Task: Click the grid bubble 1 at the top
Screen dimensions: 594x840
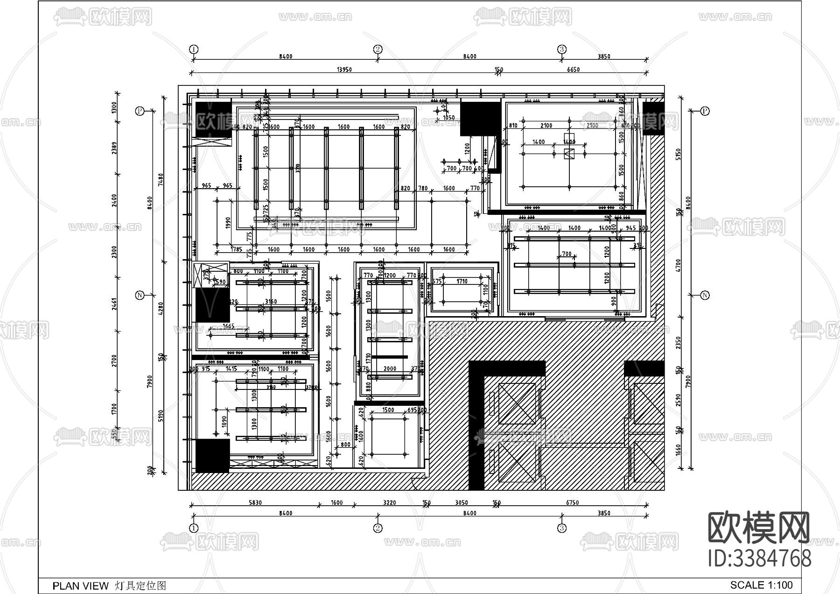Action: [x=194, y=49]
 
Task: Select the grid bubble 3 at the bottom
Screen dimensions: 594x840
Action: [x=562, y=528]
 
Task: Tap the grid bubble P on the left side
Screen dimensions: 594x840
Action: [x=139, y=111]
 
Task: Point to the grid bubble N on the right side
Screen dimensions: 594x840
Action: [x=705, y=295]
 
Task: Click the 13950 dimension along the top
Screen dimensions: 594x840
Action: [x=344, y=70]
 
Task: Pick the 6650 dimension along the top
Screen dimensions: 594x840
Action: [x=573, y=70]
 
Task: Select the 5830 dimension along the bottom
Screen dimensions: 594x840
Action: [x=255, y=503]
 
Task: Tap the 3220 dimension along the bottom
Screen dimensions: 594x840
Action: [x=389, y=503]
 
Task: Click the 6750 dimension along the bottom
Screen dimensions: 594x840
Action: [x=572, y=503]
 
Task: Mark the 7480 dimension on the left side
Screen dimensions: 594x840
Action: [x=161, y=179]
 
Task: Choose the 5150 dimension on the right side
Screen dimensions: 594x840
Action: [x=679, y=154]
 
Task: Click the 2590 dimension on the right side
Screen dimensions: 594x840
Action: [x=679, y=400]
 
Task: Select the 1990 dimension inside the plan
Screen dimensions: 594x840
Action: [x=228, y=222]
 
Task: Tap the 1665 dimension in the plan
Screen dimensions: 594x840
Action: [x=229, y=326]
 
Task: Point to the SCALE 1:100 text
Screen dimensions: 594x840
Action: [x=761, y=585]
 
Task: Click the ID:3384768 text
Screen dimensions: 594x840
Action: [x=760, y=559]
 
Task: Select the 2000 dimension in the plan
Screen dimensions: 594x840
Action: [x=390, y=369]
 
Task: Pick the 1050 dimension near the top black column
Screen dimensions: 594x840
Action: [x=448, y=118]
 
